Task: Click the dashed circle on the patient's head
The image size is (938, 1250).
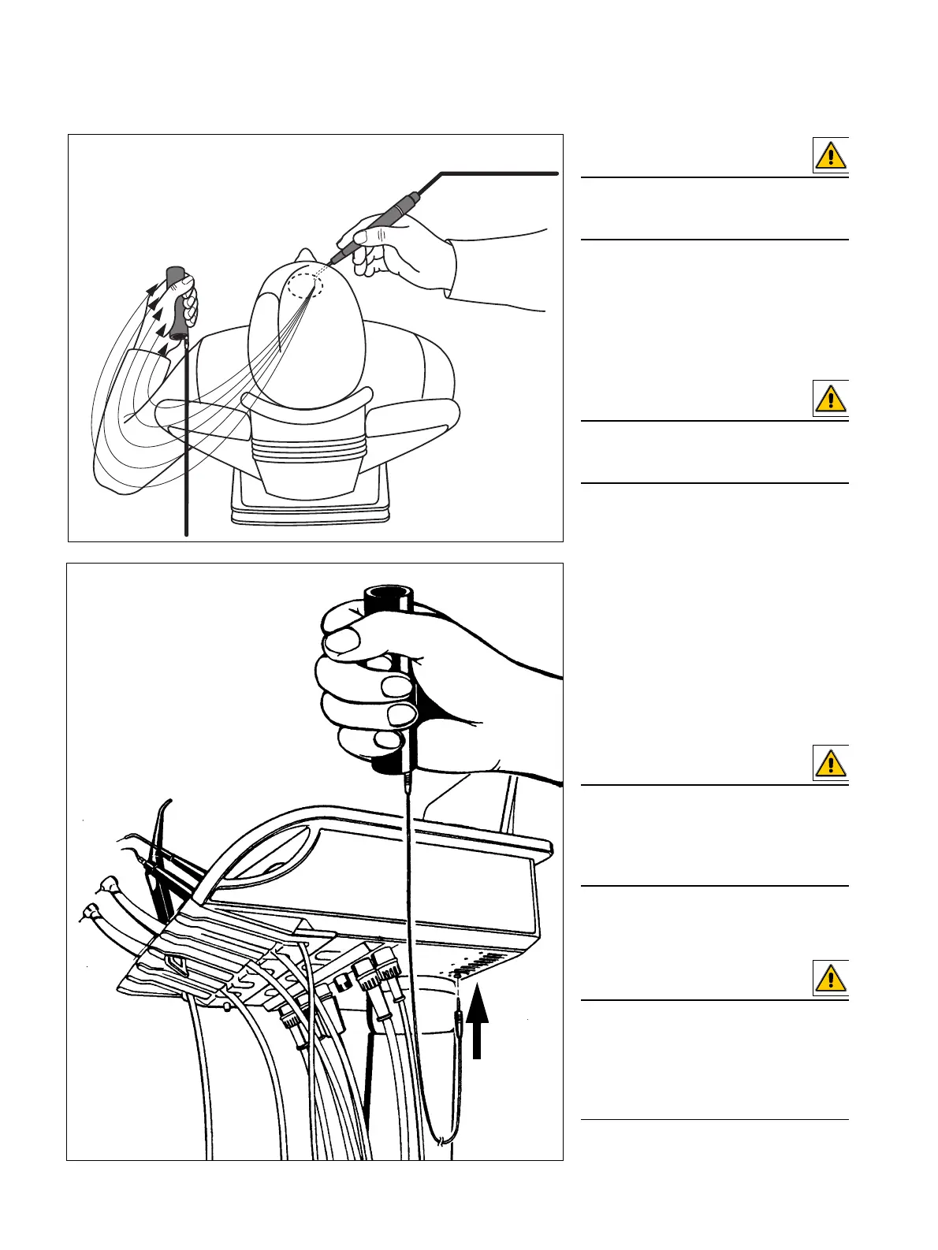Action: pyautogui.click(x=304, y=284)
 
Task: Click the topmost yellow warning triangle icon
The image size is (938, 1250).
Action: pyautogui.click(x=831, y=155)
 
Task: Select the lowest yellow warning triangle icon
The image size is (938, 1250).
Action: pyautogui.click(x=831, y=979)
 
